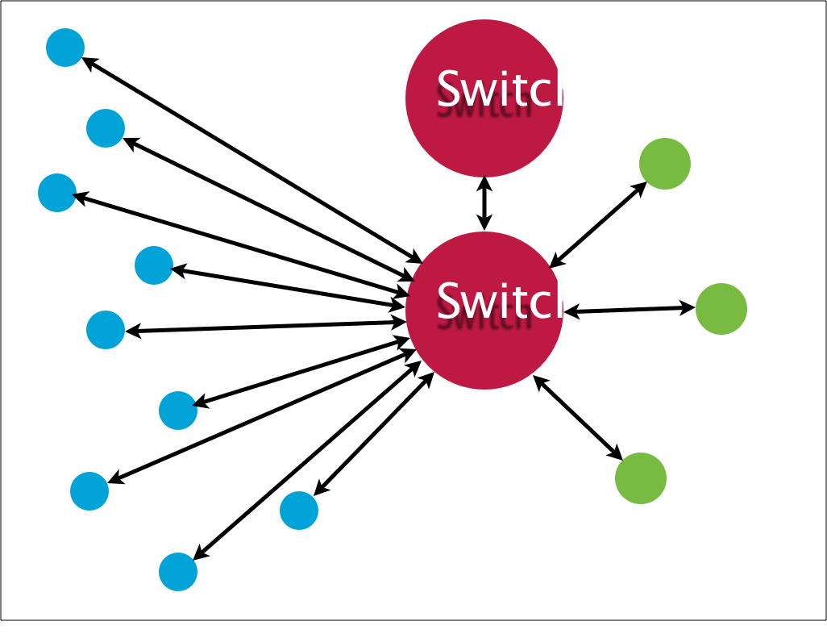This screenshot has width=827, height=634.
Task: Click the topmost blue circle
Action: [x=65, y=48]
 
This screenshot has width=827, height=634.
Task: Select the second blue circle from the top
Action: [x=106, y=128]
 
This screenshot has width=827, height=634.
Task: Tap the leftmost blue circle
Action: [x=56, y=193]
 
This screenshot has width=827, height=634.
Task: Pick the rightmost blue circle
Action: [x=299, y=511]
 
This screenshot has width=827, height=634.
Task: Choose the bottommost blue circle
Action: [x=178, y=572]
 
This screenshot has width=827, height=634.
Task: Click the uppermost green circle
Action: [x=665, y=164]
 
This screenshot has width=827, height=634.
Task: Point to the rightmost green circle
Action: [x=721, y=309]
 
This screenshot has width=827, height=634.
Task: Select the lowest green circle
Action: [x=641, y=478]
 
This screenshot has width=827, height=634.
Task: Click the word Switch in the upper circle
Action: [x=508, y=89]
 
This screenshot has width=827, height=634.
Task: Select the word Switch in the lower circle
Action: [x=508, y=301]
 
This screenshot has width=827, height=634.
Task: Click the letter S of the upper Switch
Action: [x=449, y=89]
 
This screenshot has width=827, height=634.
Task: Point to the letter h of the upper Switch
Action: [x=567, y=89]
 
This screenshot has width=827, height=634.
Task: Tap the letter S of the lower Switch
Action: [x=449, y=301]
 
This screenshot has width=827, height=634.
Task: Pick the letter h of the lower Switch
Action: [x=567, y=301]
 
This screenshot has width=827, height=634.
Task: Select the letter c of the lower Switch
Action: [x=542, y=304]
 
